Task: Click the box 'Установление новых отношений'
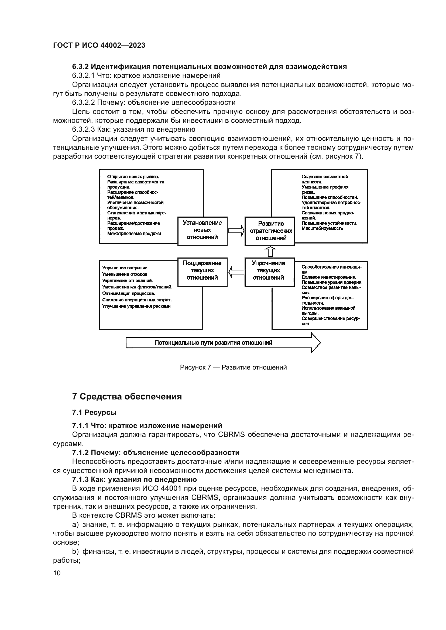click(203, 231)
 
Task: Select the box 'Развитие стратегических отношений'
click(269, 231)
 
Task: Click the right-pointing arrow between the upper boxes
click(236, 231)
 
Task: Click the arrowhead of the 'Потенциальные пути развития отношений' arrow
click(315, 343)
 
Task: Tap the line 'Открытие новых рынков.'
click(133, 177)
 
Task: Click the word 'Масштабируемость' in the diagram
click(322, 228)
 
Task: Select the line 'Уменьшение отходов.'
click(125, 274)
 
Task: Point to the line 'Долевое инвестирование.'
click(329, 277)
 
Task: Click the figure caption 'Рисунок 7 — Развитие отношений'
click(233, 367)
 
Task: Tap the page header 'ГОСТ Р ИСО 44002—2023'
click(99, 45)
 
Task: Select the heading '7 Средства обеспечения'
click(127, 396)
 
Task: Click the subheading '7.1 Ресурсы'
click(94, 412)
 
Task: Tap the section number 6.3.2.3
click(84, 130)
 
